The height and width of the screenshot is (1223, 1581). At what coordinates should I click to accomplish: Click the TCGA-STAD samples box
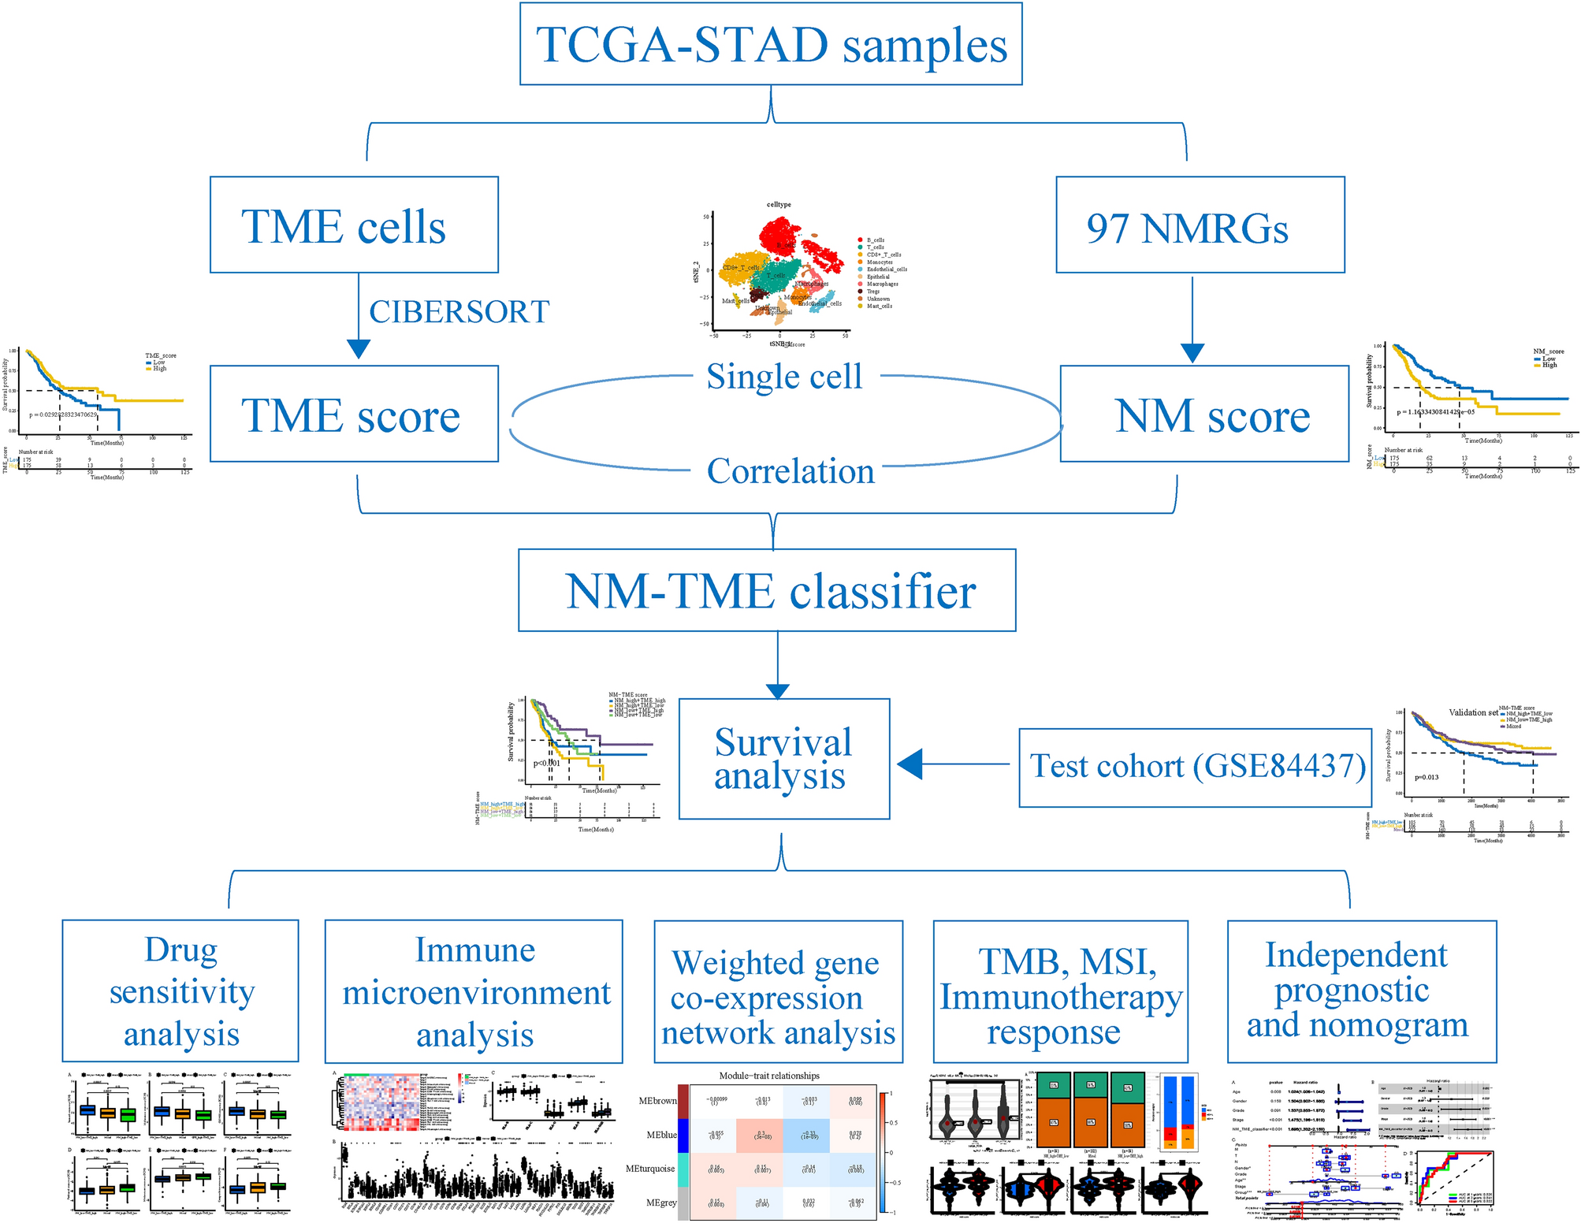pyautogui.click(x=771, y=44)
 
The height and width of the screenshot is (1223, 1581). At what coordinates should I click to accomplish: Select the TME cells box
pyautogui.click(x=354, y=225)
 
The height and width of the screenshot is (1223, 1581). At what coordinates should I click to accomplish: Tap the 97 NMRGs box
pyautogui.click(x=1200, y=225)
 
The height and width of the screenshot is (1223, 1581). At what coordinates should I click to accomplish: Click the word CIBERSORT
pyautogui.click(x=459, y=312)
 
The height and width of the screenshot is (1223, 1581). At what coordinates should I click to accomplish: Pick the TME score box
pyautogui.click(x=354, y=414)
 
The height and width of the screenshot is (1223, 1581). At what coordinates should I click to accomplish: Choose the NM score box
pyautogui.click(x=1204, y=414)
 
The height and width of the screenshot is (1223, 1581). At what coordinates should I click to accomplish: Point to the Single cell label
pyautogui.click(x=784, y=376)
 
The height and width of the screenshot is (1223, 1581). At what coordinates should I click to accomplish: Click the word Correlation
pyautogui.click(x=790, y=471)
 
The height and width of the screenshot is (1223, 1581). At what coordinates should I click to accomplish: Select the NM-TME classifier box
pyautogui.click(x=767, y=590)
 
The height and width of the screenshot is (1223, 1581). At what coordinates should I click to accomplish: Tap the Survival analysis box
pyautogui.click(x=784, y=759)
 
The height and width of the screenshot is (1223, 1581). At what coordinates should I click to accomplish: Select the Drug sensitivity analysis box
pyautogui.click(x=180, y=991)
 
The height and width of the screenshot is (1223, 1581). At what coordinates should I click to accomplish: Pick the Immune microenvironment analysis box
pyautogui.click(x=474, y=992)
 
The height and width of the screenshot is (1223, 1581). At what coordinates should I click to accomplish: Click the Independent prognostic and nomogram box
pyautogui.click(x=1361, y=991)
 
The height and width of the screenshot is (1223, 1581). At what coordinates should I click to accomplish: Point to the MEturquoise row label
pyautogui.click(x=650, y=1169)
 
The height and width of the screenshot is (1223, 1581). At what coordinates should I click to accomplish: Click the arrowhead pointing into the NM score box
pyautogui.click(x=1192, y=353)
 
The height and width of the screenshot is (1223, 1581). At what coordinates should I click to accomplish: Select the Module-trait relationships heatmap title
pyautogui.click(x=769, y=1076)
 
